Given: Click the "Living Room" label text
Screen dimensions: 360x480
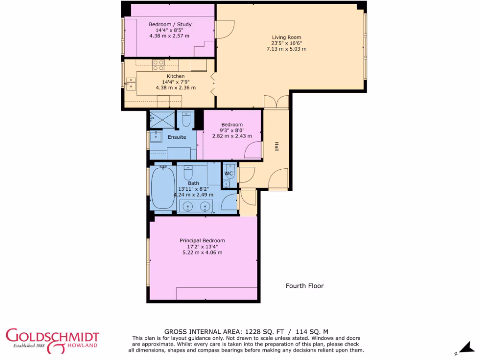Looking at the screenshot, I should click(x=286, y=37).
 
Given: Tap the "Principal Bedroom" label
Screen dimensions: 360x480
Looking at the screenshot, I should click(x=202, y=240).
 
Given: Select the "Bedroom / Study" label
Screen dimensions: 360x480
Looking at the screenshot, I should click(x=170, y=24).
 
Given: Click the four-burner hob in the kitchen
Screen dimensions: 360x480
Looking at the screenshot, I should click(x=158, y=65).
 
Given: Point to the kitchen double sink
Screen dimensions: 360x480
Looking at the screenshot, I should click(x=131, y=83).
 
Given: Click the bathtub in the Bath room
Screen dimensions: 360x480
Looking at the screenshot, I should click(x=163, y=188).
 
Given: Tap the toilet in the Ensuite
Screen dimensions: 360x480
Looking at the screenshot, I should click(x=186, y=120).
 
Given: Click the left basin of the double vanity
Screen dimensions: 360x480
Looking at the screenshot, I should click(x=187, y=206).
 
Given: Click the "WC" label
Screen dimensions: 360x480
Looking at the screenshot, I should click(x=229, y=174).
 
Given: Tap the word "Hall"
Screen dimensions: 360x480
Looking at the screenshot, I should click(x=277, y=147).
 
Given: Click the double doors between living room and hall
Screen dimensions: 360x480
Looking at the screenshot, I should click(x=276, y=102).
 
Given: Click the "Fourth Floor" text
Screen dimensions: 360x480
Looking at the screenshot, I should click(x=305, y=286).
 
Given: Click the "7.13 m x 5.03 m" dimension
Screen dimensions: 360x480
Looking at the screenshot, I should click(x=286, y=49).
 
